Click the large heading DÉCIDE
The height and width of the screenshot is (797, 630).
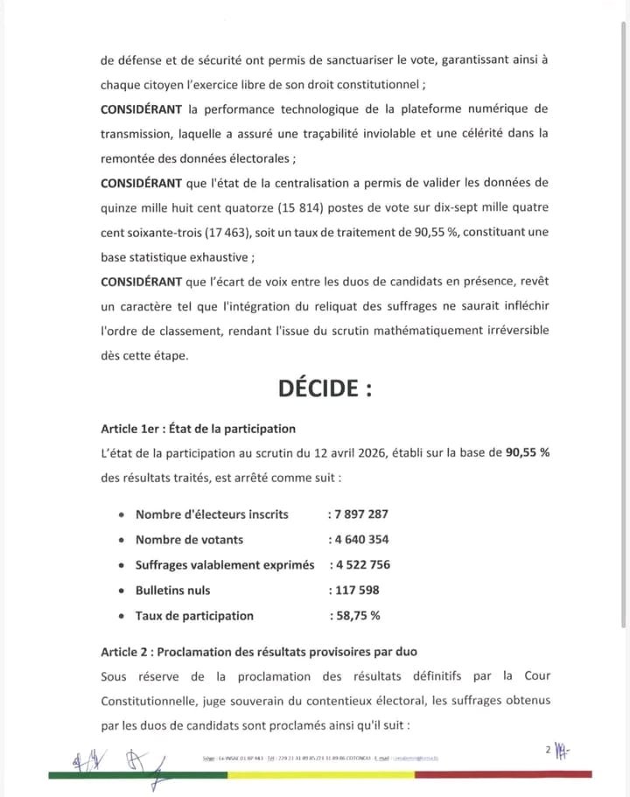(x=325, y=388)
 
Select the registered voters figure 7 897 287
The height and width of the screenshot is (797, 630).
(x=359, y=514)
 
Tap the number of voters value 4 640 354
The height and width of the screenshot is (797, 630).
(x=359, y=540)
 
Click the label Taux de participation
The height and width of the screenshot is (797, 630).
(x=194, y=616)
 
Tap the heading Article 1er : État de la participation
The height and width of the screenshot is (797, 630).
(x=198, y=429)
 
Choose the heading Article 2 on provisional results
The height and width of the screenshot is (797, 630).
(x=259, y=652)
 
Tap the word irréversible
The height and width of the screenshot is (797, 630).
(x=490, y=331)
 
